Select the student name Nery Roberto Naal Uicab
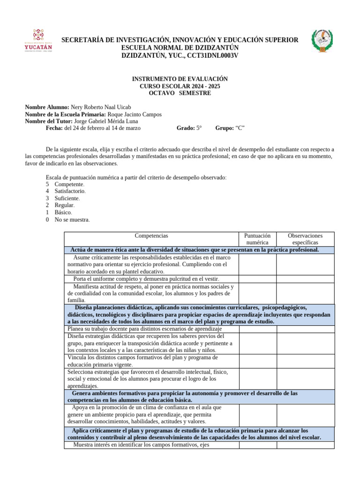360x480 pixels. click(101, 107)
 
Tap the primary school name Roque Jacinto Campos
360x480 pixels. click(135, 114)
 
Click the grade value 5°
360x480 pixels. click(199, 128)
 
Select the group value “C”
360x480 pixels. click(240, 128)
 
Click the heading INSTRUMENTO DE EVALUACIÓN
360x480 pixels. click(180, 79)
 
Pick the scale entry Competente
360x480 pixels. click(69, 184)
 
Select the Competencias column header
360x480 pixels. click(151, 236)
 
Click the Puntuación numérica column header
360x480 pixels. click(257, 239)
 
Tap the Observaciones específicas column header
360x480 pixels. click(305, 239)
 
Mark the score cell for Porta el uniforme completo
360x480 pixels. click(257, 279)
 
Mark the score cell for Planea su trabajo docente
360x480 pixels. click(257, 329)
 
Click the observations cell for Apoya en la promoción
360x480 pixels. click(305, 415)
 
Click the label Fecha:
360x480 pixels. click(54, 128)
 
